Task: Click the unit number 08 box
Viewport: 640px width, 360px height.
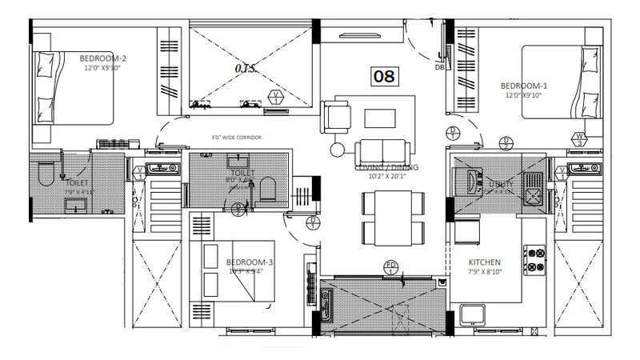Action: click(x=384, y=76)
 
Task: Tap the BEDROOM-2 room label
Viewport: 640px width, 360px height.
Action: click(x=103, y=58)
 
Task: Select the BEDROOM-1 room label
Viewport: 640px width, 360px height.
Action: click(x=524, y=86)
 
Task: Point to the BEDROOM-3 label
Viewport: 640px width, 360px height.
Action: click(x=250, y=262)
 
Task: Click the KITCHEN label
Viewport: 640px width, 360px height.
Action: click(x=485, y=262)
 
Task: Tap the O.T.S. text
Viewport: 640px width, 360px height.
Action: click(x=246, y=69)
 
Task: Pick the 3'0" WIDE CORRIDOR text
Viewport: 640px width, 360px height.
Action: click(x=238, y=138)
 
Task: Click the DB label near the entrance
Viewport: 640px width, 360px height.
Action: click(x=438, y=67)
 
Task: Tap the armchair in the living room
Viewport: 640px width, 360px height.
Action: click(x=336, y=117)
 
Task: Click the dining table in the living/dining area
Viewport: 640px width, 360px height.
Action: click(x=392, y=218)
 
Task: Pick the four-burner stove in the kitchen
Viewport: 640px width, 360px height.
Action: click(x=535, y=260)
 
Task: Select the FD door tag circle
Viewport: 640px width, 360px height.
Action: click(x=391, y=266)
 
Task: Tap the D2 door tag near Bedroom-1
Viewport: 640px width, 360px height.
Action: click(x=506, y=143)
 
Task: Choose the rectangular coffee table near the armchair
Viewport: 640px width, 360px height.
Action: click(x=379, y=118)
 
